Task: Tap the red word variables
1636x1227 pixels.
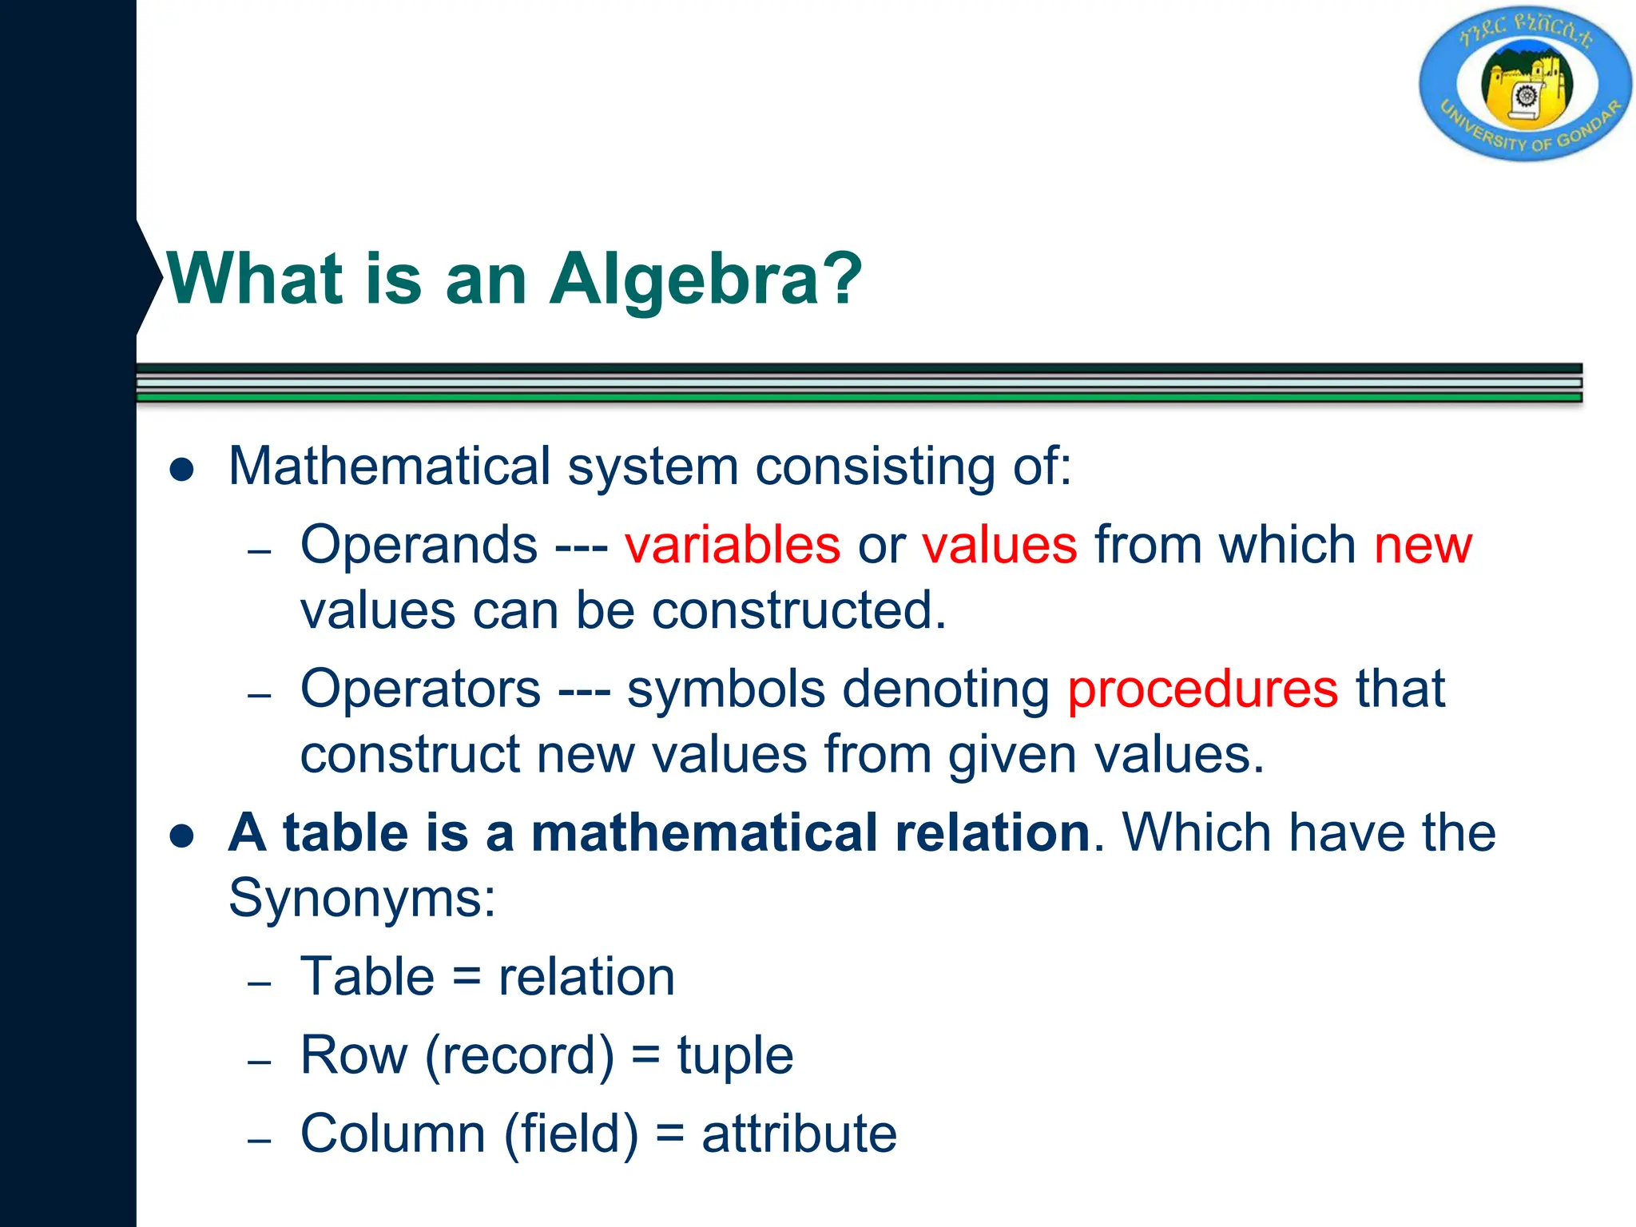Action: [732, 546]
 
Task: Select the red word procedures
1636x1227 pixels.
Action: [1202, 689]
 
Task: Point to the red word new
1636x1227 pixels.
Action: [1422, 546]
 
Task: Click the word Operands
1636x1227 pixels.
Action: [419, 546]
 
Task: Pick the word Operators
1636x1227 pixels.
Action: [420, 689]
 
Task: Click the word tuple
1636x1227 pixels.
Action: [735, 1055]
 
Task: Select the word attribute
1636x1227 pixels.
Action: [799, 1134]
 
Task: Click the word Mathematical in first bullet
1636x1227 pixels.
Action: [390, 466]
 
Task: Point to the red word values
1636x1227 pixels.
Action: [999, 546]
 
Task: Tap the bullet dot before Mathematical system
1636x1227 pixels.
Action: [182, 470]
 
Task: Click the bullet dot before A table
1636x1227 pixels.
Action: [182, 836]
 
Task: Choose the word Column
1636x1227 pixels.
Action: [393, 1134]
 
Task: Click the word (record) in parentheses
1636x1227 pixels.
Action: [519, 1056]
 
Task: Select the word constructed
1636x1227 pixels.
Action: [799, 611]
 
